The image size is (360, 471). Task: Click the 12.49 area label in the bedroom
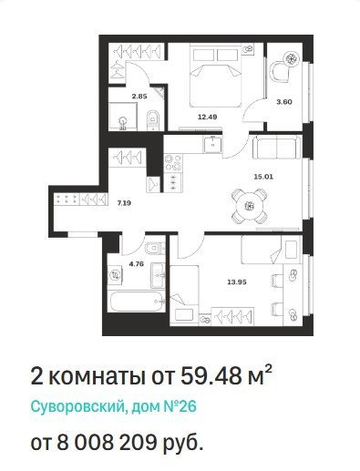pyautogui.click(x=208, y=117)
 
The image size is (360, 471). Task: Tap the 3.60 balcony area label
pyautogui.click(x=284, y=102)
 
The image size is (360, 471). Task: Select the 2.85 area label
pyautogui.click(x=139, y=97)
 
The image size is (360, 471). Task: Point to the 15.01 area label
pyautogui.click(x=263, y=177)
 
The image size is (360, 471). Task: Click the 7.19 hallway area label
pyautogui.click(x=124, y=203)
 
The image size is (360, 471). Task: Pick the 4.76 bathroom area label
pyautogui.click(x=136, y=263)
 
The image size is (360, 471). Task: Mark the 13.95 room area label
pyautogui.click(x=237, y=282)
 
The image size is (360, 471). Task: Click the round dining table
pyautogui.click(x=250, y=206)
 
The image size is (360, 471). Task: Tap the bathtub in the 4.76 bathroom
pyautogui.click(x=137, y=302)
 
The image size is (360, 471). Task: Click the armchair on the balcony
pyautogui.click(x=279, y=72)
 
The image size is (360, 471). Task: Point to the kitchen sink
pyautogui.click(x=213, y=144)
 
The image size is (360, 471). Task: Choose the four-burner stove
pyautogui.click(x=173, y=163)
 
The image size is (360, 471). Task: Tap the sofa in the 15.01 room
pyautogui.click(x=277, y=147)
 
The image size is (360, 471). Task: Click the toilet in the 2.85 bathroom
pyautogui.click(x=153, y=120)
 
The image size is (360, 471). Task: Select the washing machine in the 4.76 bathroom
pyautogui.click(x=116, y=275)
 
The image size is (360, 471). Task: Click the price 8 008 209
pyautogui.click(x=105, y=443)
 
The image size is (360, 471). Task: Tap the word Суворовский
pyautogui.click(x=77, y=406)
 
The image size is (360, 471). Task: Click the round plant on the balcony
pyautogui.click(x=291, y=58)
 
